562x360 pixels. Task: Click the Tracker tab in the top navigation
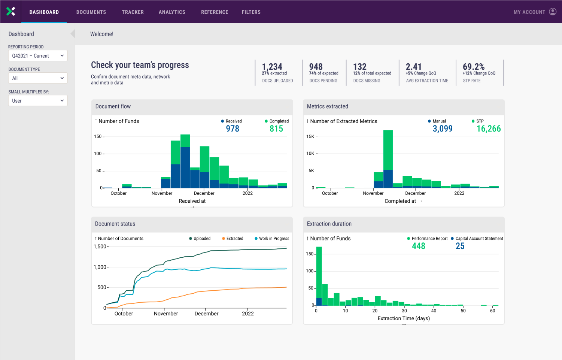coord(133,12)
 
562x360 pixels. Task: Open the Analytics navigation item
coord(172,12)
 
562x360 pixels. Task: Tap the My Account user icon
coord(553,12)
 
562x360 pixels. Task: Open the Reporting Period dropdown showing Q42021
coord(38,56)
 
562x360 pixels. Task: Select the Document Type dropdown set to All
coord(38,78)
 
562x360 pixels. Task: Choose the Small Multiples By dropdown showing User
coord(38,101)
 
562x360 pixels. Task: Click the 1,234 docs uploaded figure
coord(272,67)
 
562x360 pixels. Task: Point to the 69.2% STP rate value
coord(474,67)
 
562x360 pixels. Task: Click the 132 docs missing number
coord(360,67)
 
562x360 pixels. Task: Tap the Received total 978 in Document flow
coord(233,129)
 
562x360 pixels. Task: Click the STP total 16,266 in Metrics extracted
coord(489,129)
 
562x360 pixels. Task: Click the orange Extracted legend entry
coord(233,239)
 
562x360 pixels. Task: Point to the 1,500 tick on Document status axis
coord(100,246)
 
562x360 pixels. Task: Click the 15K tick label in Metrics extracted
coord(310,137)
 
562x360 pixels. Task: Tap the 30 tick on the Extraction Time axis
coord(404,311)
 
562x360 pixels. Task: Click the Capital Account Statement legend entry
coord(477,239)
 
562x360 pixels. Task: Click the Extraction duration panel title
coord(329,224)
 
